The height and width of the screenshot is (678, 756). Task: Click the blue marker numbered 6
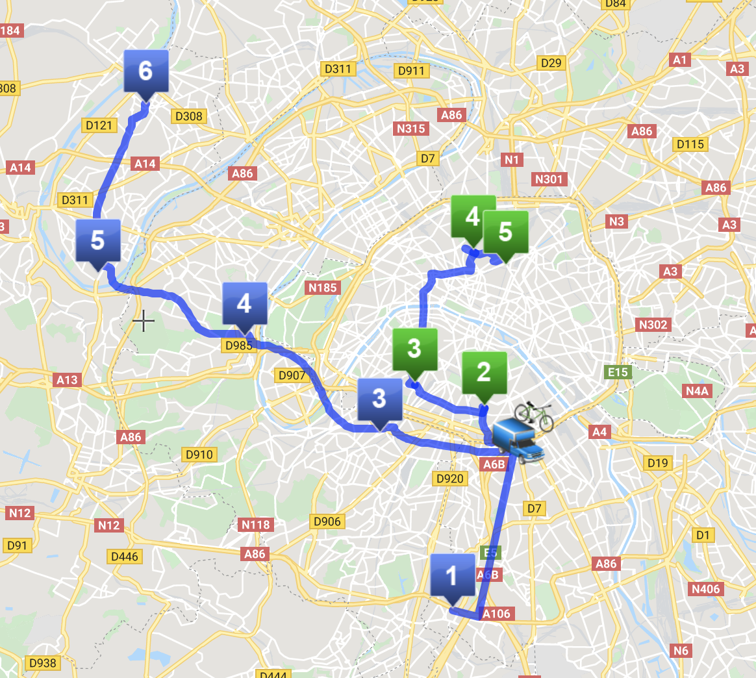145,71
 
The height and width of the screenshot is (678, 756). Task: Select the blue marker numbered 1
452,576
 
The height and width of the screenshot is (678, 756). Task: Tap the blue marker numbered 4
244,304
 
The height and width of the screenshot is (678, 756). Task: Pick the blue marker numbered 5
97,241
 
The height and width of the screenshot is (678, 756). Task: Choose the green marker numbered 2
484,373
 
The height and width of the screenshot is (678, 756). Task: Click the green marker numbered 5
505,232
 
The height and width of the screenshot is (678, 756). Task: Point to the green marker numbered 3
414,349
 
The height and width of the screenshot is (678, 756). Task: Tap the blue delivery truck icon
517,441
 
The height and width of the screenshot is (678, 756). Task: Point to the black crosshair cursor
143,321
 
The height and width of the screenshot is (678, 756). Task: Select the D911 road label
411,71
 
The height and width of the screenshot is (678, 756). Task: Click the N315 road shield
410,129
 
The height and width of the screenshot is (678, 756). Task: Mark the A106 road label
496,614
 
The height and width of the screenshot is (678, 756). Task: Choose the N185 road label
322,287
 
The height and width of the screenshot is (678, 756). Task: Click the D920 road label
449,479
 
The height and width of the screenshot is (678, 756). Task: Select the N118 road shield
256,525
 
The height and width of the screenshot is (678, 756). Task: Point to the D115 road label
690,144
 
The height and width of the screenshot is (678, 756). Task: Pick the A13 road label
67,380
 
